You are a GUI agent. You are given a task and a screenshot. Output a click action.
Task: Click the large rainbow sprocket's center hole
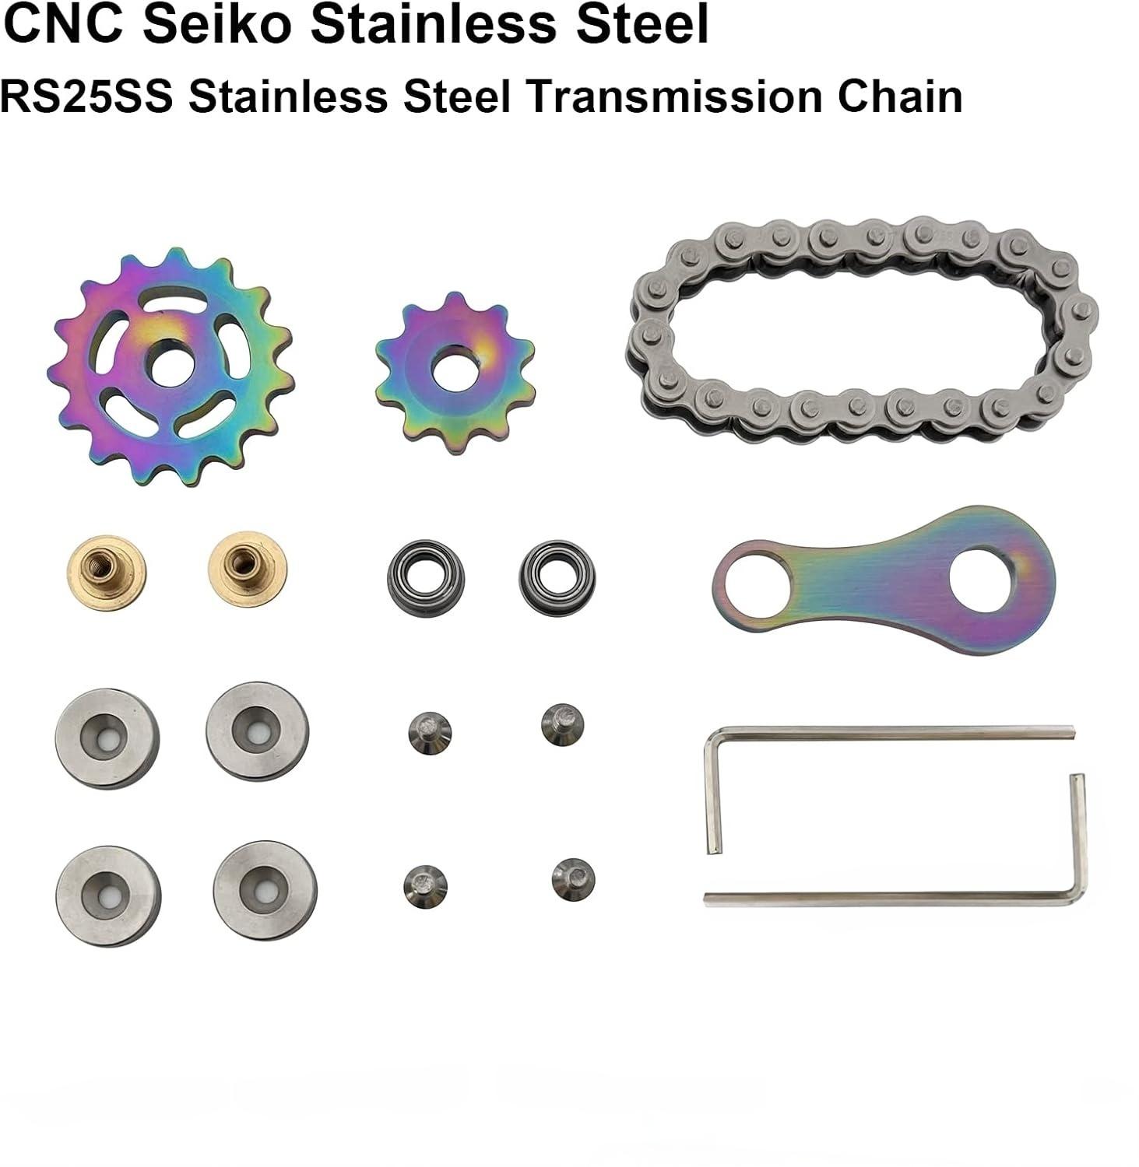[171, 366]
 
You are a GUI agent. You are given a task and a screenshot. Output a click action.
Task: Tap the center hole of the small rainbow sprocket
[448, 373]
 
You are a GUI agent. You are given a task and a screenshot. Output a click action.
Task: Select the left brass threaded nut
[107, 573]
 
